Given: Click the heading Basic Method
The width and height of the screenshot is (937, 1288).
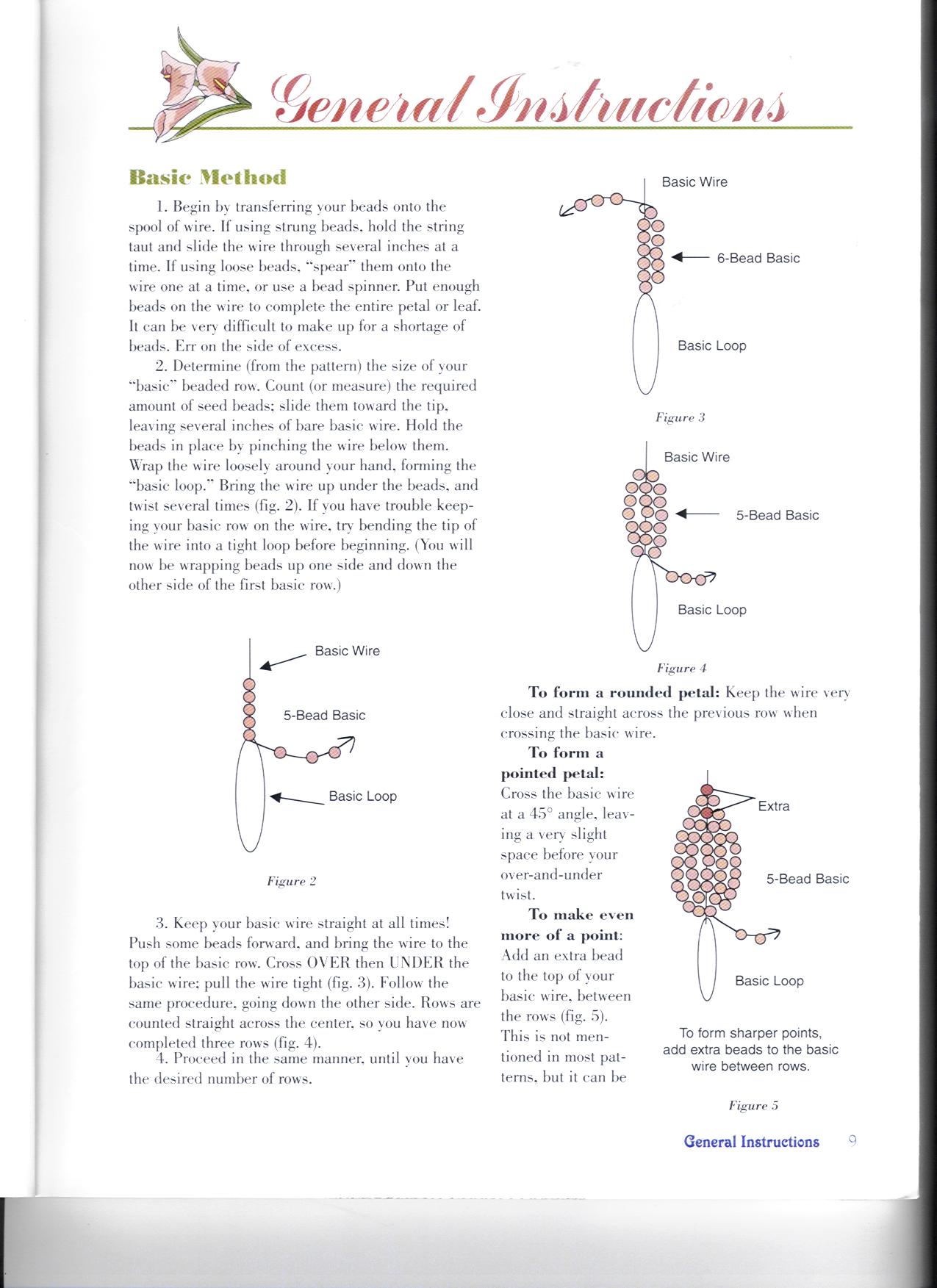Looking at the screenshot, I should click(207, 177).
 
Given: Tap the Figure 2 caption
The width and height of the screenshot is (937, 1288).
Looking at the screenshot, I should click(291, 881).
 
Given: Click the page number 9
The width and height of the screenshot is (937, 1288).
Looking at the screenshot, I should click(852, 1141).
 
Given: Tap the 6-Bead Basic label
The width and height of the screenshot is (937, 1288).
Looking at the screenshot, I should click(758, 258).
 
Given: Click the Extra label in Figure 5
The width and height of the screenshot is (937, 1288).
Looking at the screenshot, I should click(773, 806).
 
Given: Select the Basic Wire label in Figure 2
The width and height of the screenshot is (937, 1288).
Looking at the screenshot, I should click(347, 651).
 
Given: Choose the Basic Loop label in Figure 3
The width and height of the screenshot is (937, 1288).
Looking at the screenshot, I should click(711, 345).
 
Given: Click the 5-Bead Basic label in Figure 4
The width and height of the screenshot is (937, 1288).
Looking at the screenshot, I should click(777, 515).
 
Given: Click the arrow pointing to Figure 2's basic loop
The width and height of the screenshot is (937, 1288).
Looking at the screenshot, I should click(296, 799).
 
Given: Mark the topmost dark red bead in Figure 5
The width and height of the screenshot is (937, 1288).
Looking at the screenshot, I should click(707, 790).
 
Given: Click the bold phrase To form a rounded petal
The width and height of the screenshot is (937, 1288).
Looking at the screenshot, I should click(625, 692).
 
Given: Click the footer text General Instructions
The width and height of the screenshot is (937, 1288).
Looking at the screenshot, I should click(751, 1142).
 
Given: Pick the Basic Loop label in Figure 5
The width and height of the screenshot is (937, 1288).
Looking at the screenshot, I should click(769, 981).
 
